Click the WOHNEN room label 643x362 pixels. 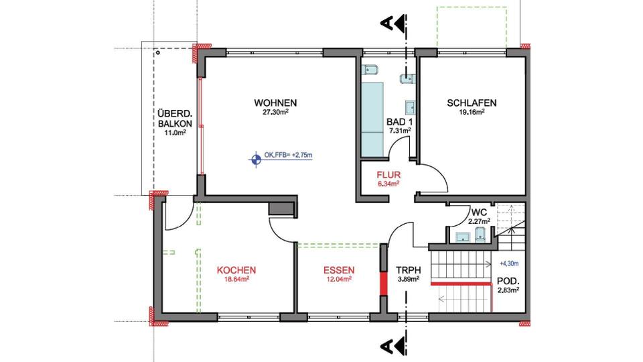(x=275, y=103)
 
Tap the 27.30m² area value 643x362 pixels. (x=275, y=113)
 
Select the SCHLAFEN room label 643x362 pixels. (x=472, y=103)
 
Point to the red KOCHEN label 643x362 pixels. (x=236, y=271)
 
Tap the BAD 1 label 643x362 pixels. (x=399, y=121)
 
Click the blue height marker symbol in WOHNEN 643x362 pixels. (x=255, y=159)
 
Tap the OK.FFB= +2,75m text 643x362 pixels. (x=289, y=155)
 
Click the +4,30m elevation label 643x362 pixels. (x=510, y=264)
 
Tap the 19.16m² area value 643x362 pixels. (x=472, y=113)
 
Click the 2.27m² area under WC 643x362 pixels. (x=478, y=221)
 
